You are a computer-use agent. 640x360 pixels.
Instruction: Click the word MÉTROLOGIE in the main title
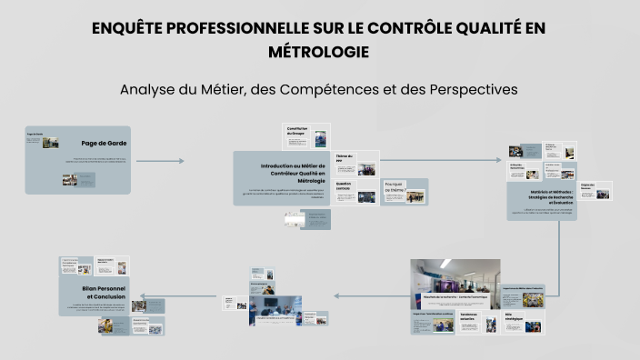pyautogui.click(x=319, y=53)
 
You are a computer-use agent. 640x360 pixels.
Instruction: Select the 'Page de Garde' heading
pyautogui.click(x=102, y=143)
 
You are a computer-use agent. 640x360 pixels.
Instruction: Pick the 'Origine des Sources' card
pyautogui.click(x=596, y=190)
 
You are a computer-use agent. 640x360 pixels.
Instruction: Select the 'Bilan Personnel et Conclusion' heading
pyautogui.click(x=105, y=292)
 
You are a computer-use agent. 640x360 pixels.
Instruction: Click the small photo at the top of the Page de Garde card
pyautogui.click(x=50, y=143)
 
